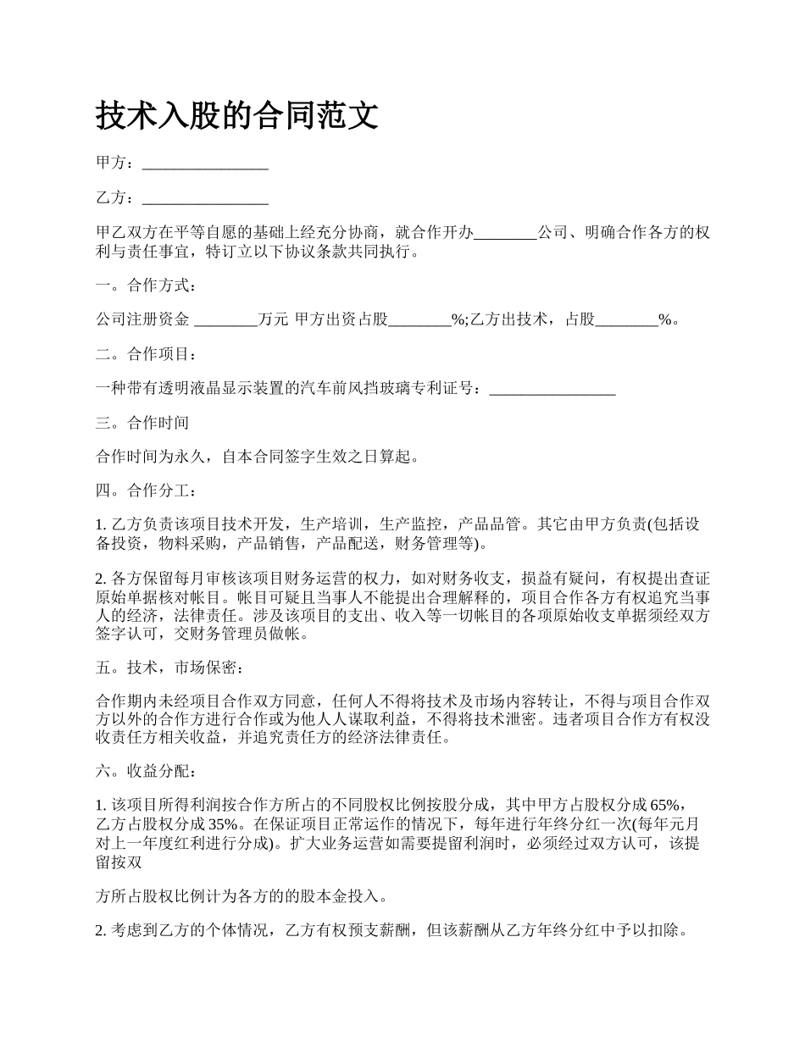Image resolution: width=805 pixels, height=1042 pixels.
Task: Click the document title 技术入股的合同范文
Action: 237,115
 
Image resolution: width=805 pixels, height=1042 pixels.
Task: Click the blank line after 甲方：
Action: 205,164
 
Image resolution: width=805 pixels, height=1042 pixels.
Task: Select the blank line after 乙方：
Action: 205,198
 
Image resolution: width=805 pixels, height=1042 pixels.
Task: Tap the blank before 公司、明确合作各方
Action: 505,233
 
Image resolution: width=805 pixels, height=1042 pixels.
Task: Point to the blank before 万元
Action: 225,319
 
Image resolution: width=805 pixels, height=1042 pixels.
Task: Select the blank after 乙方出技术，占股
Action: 627,319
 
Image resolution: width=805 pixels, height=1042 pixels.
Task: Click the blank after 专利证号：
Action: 552,389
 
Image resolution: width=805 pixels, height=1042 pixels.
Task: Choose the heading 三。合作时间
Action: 142,423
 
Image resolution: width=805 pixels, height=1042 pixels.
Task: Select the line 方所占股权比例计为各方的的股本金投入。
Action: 243,895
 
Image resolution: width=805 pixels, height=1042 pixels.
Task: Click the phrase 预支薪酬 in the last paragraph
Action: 383,930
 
